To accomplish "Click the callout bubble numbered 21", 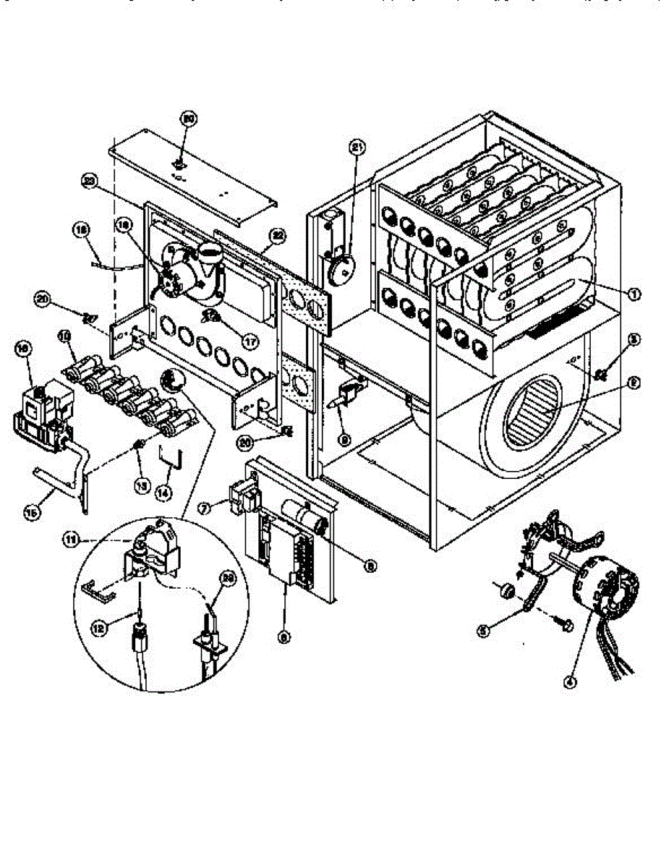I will [x=356, y=148].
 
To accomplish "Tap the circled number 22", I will [x=276, y=234].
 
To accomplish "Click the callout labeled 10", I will [x=64, y=336].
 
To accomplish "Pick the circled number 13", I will [x=142, y=483].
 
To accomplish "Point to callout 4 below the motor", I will [x=571, y=680].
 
